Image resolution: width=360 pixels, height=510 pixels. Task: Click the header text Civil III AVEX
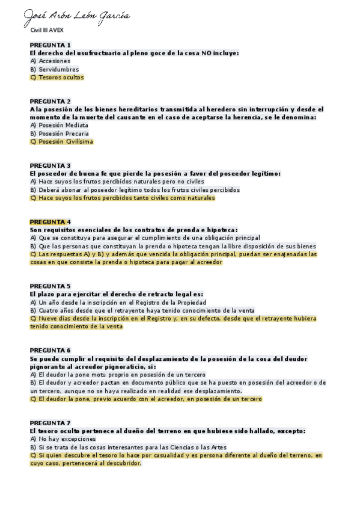pos(47,29)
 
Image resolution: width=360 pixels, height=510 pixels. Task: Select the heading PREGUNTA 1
pos(50,45)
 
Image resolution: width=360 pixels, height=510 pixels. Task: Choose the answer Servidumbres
pos(58,69)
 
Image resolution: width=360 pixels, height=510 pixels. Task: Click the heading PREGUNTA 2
pos(50,101)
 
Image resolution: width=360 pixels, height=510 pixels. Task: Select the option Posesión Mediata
pos(63,125)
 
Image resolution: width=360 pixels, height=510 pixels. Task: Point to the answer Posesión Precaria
pos(63,134)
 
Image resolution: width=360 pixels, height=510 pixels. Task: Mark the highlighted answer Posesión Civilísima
pos(65,142)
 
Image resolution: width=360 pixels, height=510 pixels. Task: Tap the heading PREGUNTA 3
pos(50,165)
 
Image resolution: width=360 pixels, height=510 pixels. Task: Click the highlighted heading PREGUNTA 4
pos(50,222)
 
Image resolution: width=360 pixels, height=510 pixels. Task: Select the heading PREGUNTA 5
pos(50,286)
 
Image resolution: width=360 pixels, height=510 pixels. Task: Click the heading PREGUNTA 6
pos(50,350)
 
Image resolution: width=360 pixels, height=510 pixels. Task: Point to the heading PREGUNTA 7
pos(50,423)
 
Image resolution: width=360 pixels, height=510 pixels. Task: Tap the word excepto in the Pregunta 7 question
pos(290,431)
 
